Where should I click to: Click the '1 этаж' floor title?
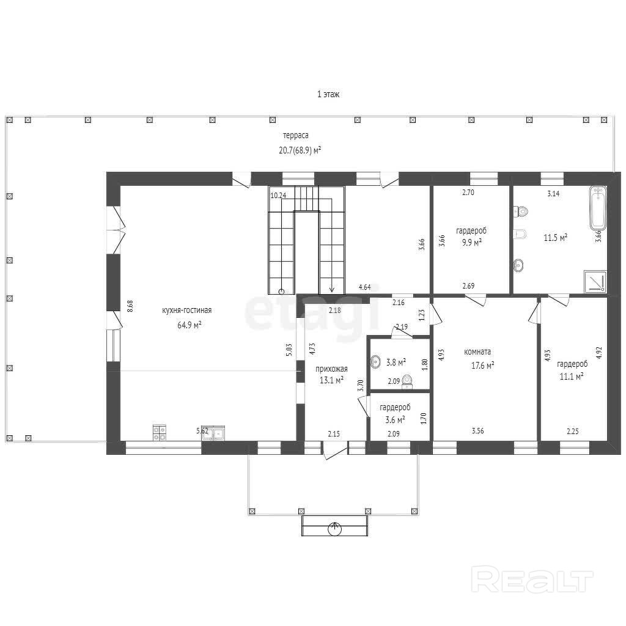click(328, 94)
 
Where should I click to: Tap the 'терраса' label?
click(296, 135)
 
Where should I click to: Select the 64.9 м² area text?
click(190, 325)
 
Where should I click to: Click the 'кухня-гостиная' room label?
click(187, 310)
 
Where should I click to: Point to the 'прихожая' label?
click(331, 369)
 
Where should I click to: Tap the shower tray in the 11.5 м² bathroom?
click(595, 281)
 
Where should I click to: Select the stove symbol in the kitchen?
click(160, 433)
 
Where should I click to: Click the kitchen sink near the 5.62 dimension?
click(213, 433)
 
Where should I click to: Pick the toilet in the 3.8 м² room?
click(407, 381)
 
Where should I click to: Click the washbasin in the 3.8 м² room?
click(376, 362)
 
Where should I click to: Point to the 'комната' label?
click(477, 352)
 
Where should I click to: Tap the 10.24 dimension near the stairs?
click(278, 195)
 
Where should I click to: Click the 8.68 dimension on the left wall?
click(130, 306)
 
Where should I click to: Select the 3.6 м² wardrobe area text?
click(396, 419)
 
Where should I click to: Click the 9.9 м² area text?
click(471, 242)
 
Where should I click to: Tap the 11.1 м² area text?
click(572, 376)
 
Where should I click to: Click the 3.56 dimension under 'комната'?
click(478, 431)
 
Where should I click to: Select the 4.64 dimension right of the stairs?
click(365, 287)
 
